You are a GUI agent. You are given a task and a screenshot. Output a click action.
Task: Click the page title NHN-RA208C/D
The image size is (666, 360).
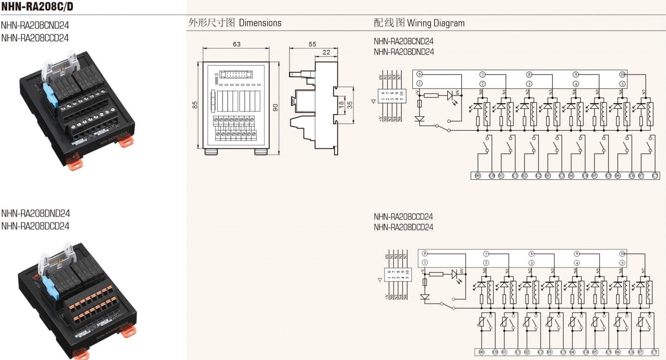(x=37, y=6)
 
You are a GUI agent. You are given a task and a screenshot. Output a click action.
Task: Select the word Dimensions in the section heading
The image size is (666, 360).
(x=260, y=23)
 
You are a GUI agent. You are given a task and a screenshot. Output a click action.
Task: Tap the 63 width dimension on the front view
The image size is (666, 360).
(x=237, y=44)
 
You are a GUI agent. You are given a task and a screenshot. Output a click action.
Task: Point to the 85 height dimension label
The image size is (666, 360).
(x=195, y=105)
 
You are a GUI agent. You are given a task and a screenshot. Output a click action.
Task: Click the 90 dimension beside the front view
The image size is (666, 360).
(x=276, y=108)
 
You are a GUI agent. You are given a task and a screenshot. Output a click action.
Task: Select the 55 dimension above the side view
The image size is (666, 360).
(x=312, y=44)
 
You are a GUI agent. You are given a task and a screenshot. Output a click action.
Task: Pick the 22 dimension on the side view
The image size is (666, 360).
(x=326, y=52)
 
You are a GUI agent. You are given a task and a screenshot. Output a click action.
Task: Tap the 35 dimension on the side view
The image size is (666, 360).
(x=350, y=105)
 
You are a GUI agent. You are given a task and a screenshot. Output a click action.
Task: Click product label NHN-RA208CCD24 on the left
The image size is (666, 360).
(x=35, y=38)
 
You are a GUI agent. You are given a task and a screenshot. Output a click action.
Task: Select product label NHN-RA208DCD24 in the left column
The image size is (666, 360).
(x=35, y=226)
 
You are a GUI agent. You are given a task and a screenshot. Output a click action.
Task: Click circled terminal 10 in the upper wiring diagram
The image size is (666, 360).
(x=622, y=75)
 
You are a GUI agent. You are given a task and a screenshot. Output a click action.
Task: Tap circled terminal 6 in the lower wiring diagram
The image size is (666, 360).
(x=425, y=254)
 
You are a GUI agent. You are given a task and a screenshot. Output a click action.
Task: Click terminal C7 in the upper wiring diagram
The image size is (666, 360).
(x=655, y=176)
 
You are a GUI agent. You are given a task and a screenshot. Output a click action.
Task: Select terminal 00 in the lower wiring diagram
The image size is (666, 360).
(x=481, y=352)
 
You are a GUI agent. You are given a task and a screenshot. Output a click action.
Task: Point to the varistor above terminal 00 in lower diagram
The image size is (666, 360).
(x=482, y=323)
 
